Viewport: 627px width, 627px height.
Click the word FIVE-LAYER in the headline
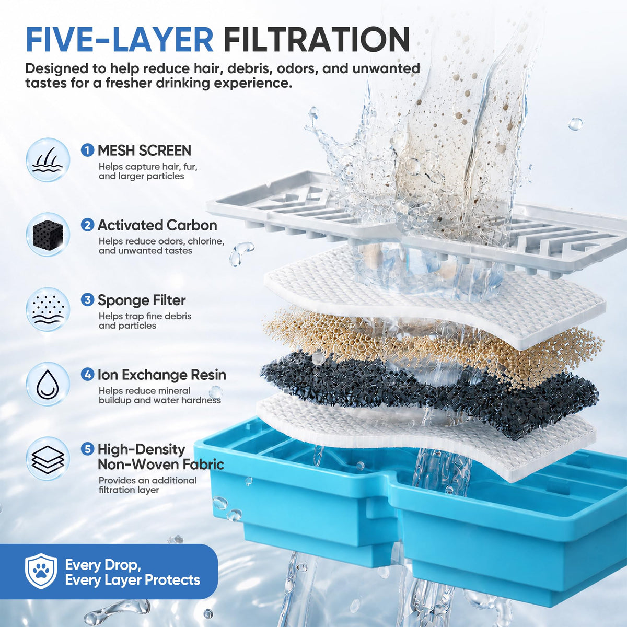120,39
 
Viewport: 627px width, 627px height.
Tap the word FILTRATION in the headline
317,39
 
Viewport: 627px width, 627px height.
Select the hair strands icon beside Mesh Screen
48,160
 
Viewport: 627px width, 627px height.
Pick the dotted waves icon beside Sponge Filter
48,309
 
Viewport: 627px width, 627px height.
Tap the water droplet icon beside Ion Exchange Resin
48,384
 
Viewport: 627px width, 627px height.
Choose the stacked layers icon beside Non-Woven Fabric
48,459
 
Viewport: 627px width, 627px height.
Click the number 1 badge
88,150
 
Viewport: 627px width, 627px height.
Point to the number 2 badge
88,225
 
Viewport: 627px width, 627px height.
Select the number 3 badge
88,300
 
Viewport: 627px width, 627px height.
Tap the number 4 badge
88,375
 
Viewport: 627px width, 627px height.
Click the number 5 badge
88,449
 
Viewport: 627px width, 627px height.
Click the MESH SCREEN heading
144,150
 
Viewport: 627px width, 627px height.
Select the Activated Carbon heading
157,225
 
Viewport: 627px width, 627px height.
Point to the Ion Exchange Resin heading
162,375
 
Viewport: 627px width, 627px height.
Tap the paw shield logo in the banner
41,571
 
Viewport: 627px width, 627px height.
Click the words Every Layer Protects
133,580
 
